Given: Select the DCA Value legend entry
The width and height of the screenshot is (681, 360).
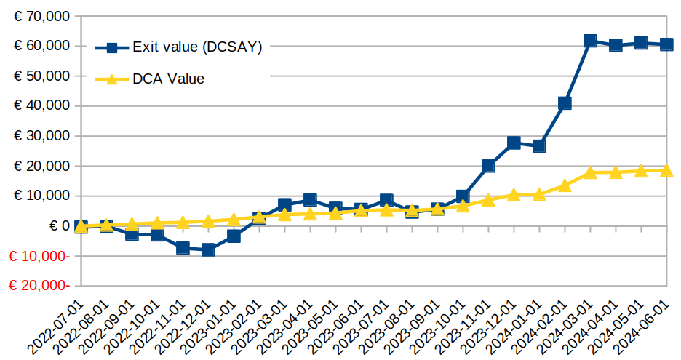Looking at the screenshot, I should coord(168,79).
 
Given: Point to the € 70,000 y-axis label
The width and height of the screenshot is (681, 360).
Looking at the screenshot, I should coord(42,16).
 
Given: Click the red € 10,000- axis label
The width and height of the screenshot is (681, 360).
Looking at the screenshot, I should coord(41,256).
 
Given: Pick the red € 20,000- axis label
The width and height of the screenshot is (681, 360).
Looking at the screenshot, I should coord(41,286).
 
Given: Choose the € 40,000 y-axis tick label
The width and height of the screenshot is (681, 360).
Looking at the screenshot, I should coord(42,106).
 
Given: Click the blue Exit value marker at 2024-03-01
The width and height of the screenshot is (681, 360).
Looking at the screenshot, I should coord(590,41).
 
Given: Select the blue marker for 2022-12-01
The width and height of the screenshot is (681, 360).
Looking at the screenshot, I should coord(208,249).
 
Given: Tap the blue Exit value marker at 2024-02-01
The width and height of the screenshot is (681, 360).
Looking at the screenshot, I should coord(565,103).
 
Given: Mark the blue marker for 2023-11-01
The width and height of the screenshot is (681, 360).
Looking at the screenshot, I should coord(488,166).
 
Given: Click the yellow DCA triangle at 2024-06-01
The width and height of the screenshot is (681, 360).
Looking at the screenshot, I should coord(666,170).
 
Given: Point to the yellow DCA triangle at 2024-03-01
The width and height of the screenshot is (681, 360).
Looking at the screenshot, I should coord(590,172).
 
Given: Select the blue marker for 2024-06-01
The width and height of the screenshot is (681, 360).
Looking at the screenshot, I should coord(666,44).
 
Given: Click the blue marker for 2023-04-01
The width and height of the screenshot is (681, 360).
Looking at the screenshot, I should coord(310,200).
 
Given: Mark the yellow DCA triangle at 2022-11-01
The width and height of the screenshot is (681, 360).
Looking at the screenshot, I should coord(183,223).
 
